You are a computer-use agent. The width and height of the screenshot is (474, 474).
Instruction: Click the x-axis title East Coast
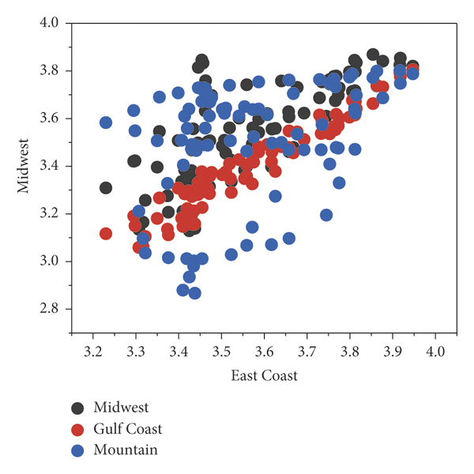(264, 375)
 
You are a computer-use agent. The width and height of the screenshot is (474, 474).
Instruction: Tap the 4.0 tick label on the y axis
(50, 23)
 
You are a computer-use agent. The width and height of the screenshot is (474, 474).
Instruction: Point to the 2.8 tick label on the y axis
(50, 308)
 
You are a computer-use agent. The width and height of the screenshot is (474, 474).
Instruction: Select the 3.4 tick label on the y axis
(50, 166)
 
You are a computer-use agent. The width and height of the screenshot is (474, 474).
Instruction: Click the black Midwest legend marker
(77, 408)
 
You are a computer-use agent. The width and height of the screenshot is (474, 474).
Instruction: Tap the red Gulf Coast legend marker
(77, 429)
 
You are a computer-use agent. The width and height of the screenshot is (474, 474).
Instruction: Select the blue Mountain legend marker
(77, 450)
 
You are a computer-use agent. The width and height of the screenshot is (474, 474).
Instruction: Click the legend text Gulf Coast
(128, 429)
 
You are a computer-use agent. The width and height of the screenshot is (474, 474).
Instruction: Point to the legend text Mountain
(125, 450)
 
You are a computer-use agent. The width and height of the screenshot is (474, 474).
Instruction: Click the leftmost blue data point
(106, 122)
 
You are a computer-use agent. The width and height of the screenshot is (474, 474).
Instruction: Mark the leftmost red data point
(106, 233)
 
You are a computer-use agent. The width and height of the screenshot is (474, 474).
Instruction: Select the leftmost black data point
(106, 188)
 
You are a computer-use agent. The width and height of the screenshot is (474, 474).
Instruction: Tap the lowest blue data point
(194, 293)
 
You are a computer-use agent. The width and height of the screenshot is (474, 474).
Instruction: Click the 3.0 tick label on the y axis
(50, 261)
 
